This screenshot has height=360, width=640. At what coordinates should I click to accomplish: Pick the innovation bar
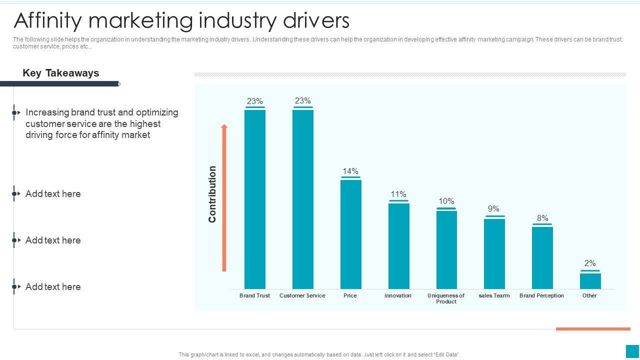398,246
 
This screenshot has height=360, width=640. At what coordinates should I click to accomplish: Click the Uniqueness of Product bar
446,249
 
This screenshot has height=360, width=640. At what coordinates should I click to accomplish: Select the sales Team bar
494,253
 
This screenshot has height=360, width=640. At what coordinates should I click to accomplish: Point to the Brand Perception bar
542,257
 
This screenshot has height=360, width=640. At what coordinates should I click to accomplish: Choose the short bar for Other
590,281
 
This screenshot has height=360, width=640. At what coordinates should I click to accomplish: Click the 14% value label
350,171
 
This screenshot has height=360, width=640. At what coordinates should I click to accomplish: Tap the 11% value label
398,194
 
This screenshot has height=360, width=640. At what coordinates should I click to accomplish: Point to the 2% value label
590,263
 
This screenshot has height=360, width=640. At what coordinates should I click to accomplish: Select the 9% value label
493,208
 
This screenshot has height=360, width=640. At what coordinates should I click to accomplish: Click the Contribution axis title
212,194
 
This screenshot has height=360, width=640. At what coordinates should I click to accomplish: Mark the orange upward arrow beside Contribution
224,197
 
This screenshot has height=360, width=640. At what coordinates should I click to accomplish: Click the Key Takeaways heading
61,73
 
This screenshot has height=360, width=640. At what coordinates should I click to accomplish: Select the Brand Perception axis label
541,295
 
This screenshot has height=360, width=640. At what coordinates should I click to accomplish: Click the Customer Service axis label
302,295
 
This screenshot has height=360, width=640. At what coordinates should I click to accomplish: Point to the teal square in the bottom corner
632,351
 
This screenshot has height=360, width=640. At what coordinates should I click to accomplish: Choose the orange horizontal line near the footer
593,329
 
